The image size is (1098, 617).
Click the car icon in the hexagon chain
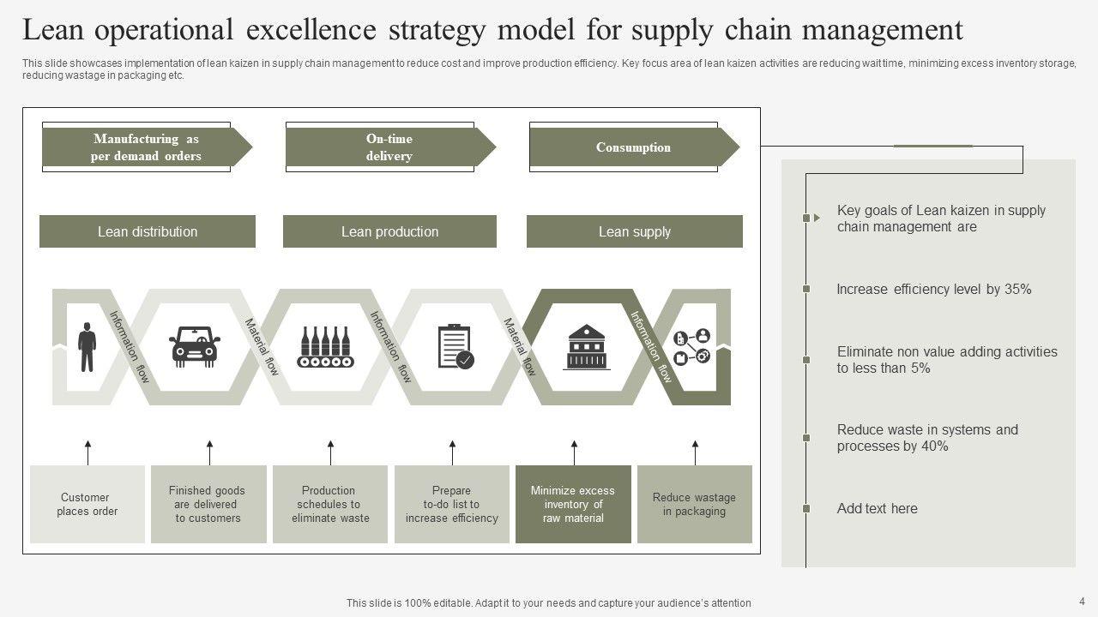point(195,346)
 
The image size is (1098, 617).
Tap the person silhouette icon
point(87,346)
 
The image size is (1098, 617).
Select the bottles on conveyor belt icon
point(325,346)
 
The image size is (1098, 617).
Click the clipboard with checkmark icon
point(454,346)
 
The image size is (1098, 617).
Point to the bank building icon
point(587,346)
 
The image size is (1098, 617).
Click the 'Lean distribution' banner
point(148,231)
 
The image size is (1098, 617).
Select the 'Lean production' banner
point(389,231)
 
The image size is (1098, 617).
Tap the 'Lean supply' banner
point(634,231)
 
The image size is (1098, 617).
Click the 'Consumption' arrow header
point(633,147)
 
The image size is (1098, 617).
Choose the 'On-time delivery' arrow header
point(389,147)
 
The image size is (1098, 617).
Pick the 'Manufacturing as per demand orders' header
point(146,147)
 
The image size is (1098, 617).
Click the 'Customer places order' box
point(87,504)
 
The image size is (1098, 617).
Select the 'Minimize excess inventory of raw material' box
point(573,504)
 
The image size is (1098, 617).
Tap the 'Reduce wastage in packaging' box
point(694,504)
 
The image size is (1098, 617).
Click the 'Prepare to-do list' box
point(452,504)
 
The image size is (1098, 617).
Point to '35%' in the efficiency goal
point(1017,290)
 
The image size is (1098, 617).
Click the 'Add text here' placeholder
point(877,508)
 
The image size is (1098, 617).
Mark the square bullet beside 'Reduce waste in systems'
point(806,438)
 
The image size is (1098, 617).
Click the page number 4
point(1082,601)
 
